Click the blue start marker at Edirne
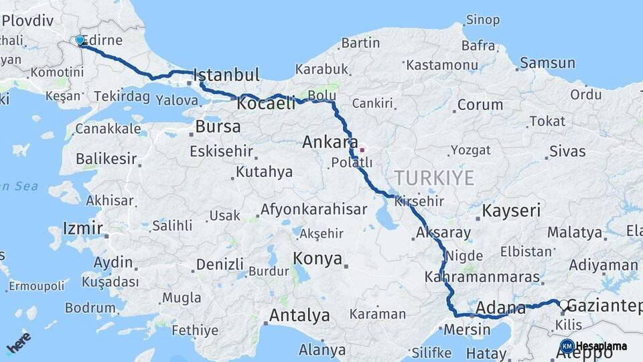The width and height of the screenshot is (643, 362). (x=80, y=40)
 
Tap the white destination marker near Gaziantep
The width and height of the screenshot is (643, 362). (x=564, y=306)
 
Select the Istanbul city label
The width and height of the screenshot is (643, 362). (x=226, y=74)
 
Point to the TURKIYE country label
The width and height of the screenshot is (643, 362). (x=434, y=178)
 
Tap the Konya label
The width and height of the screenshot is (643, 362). (x=317, y=258)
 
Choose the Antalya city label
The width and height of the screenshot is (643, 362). (x=299, y=314)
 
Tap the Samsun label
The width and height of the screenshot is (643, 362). (x=547, y=63)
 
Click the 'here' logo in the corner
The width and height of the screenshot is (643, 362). (x=19, y=345)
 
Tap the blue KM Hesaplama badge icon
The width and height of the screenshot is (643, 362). (x=567, y=346)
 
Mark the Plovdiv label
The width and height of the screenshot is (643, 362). (x=27, y=20)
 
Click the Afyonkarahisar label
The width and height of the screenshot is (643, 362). (x=313, y=209)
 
